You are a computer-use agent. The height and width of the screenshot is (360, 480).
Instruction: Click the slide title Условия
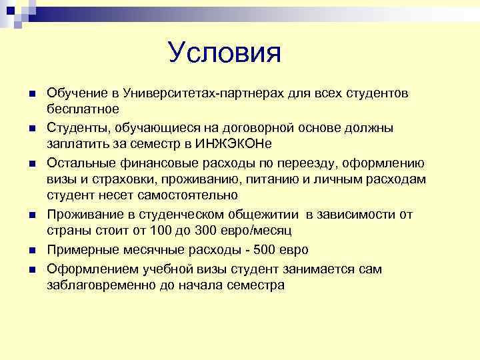pyautogui.click(x=225, y=53)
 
